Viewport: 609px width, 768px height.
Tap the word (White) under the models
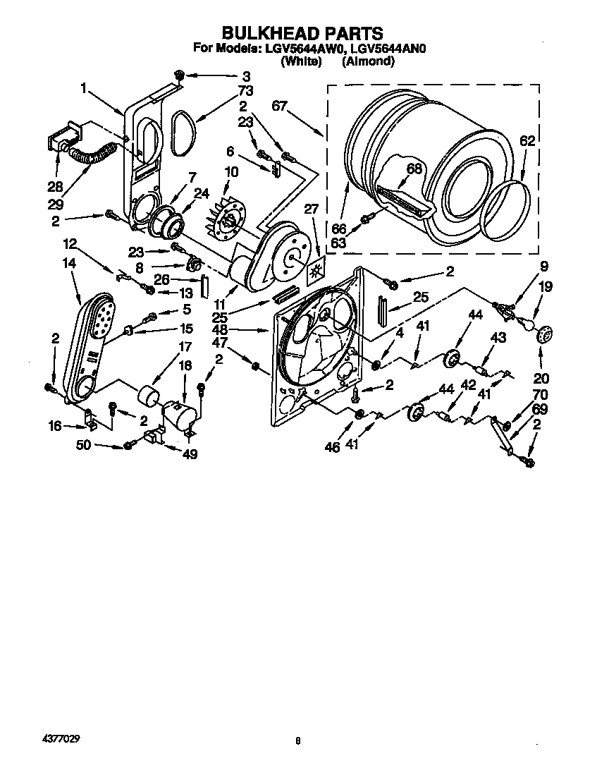coord(301,61)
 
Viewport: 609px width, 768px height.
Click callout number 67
coord(280,106)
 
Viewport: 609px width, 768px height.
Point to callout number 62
coord(528,141)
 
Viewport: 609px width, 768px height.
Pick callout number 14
coord(68,262)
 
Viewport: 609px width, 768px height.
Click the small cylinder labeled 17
coord(148,396)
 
